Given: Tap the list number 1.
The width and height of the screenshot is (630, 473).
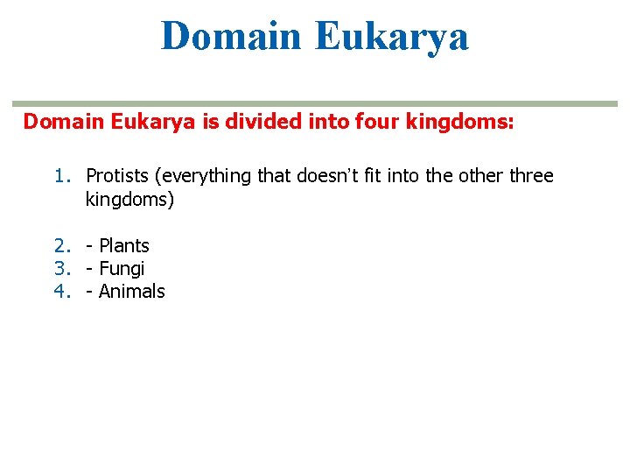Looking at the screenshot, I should pos(60,176).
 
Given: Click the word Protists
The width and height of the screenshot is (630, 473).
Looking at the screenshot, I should pos(117,176).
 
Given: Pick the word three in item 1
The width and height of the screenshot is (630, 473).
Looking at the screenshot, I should pos(530,176).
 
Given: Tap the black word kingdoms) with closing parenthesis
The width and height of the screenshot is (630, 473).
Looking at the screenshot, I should pos(129,200).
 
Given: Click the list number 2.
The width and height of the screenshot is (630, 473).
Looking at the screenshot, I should pos(60,246).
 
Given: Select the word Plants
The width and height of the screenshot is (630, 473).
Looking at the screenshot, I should pos(124,246).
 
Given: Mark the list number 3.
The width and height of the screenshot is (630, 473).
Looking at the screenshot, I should pos(60,269).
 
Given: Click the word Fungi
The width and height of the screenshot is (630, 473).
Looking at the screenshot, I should pos(122,269).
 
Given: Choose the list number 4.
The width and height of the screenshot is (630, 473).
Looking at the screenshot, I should pos(60,292).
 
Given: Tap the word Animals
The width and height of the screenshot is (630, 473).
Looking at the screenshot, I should pos(131,292).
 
